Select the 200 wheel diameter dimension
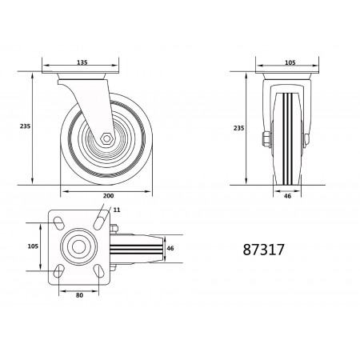pyautogui.click(x=108, y=197)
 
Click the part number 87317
pyautogui.click(x=265, y=248)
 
